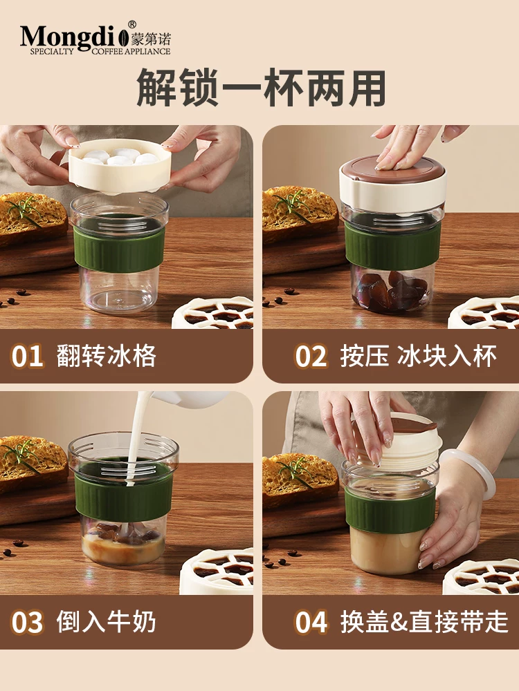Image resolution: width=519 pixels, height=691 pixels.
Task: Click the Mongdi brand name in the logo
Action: [69, 35]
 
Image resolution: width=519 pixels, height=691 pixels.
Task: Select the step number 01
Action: [28, 357]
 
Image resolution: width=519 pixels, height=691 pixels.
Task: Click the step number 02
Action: [311, 357]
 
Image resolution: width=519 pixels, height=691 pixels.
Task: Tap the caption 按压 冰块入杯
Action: [418, 357]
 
